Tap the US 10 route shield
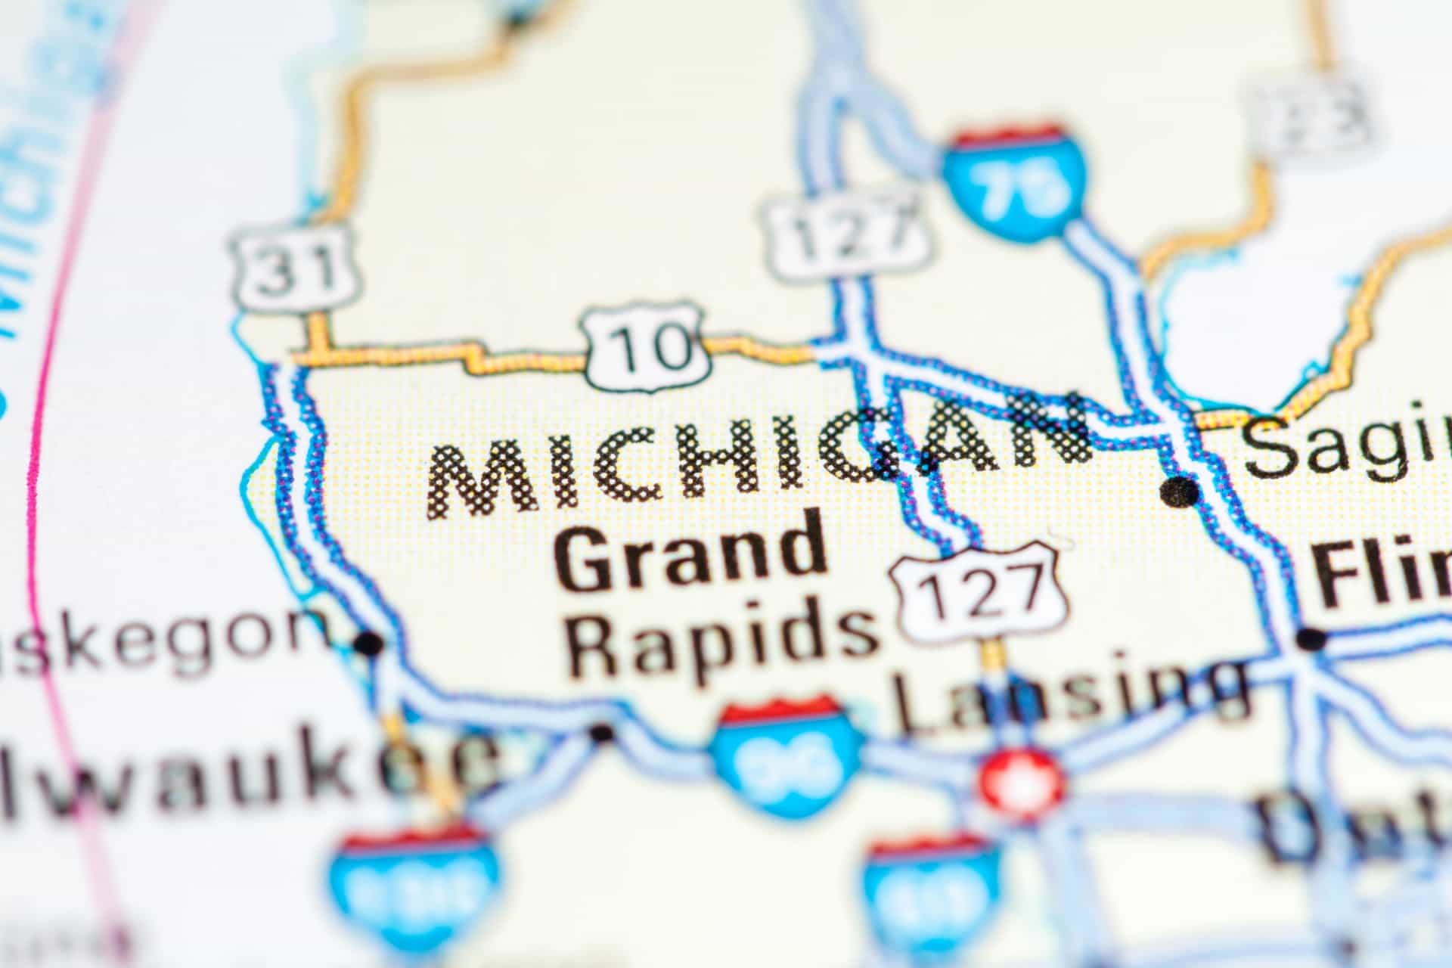(x=649, y=346)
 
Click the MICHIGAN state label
(x=756, y=461)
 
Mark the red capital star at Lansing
(x=1022, y=784)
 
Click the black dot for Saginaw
(x=1180, y=492)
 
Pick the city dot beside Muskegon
(x=369, y=644)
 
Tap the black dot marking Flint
(x=1311, y=640)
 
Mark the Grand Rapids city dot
(x=601, y=732)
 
